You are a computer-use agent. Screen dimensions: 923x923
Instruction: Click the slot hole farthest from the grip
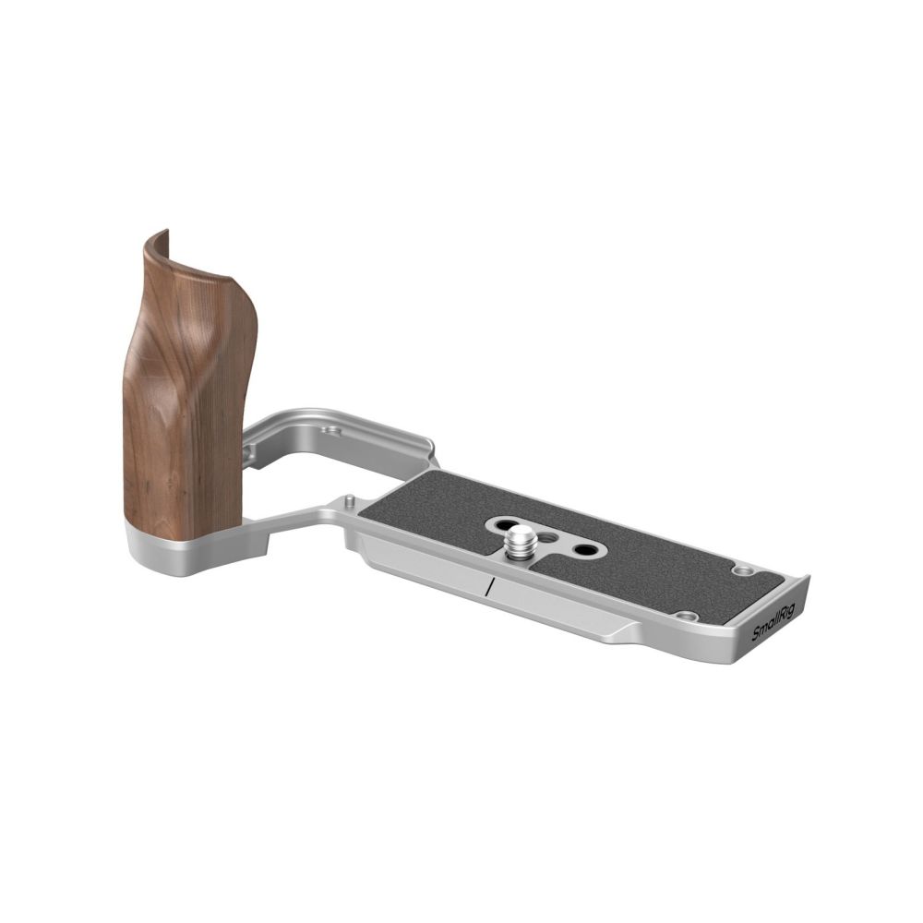coord(583,550)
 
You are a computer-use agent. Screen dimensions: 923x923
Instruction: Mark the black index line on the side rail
coord(488,587)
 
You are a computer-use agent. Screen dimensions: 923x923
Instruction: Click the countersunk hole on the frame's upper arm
coord(331,430)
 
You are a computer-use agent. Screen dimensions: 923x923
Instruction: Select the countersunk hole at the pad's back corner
coord(741,570)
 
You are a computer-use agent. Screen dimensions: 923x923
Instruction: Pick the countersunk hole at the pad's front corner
coord(684,616)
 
